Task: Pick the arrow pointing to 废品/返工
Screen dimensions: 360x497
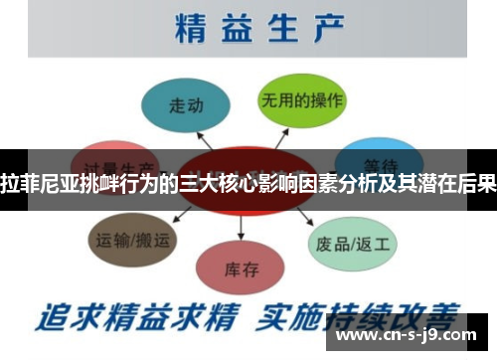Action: coord(304,214)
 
